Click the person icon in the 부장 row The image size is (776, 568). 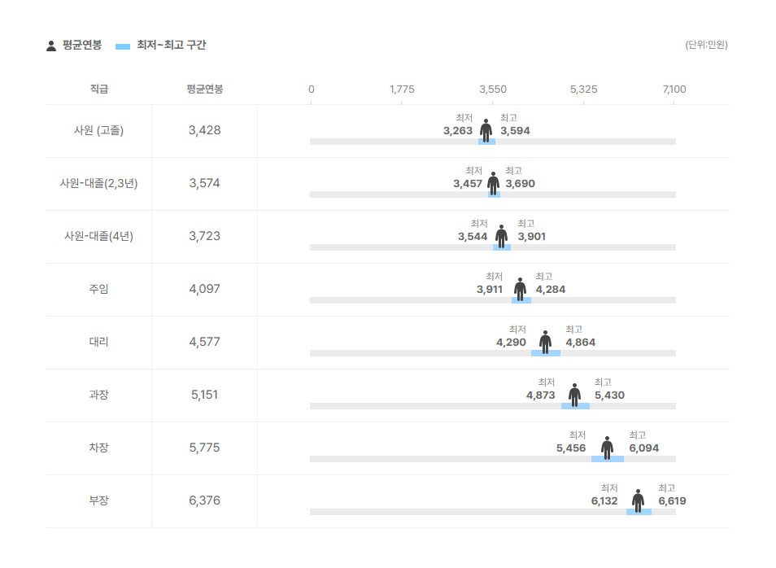(638, 500)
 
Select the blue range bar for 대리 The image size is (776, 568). (546, 353)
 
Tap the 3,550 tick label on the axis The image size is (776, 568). (493, 89)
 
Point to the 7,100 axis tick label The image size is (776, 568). (674, 89)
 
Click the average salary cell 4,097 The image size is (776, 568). (204, 289)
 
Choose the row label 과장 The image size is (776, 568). (98, 395)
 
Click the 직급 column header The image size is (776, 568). (98, 89)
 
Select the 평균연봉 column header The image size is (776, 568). (204, 89)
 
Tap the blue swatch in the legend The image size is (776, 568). (123, 46)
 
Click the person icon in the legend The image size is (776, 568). (51, 46)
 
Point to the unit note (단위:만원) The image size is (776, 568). (706, 45)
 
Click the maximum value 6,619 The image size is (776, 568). (672, 501)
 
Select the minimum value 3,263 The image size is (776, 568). (458, 131)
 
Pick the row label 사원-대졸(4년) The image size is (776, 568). (98, 236)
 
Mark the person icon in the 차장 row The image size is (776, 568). (607, 448)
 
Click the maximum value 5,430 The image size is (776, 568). (609, 395)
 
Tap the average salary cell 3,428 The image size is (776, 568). (204, 130)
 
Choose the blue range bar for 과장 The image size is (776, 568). (575, 406)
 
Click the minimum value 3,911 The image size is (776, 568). (490, 290)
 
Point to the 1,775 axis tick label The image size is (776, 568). (402, 89)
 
